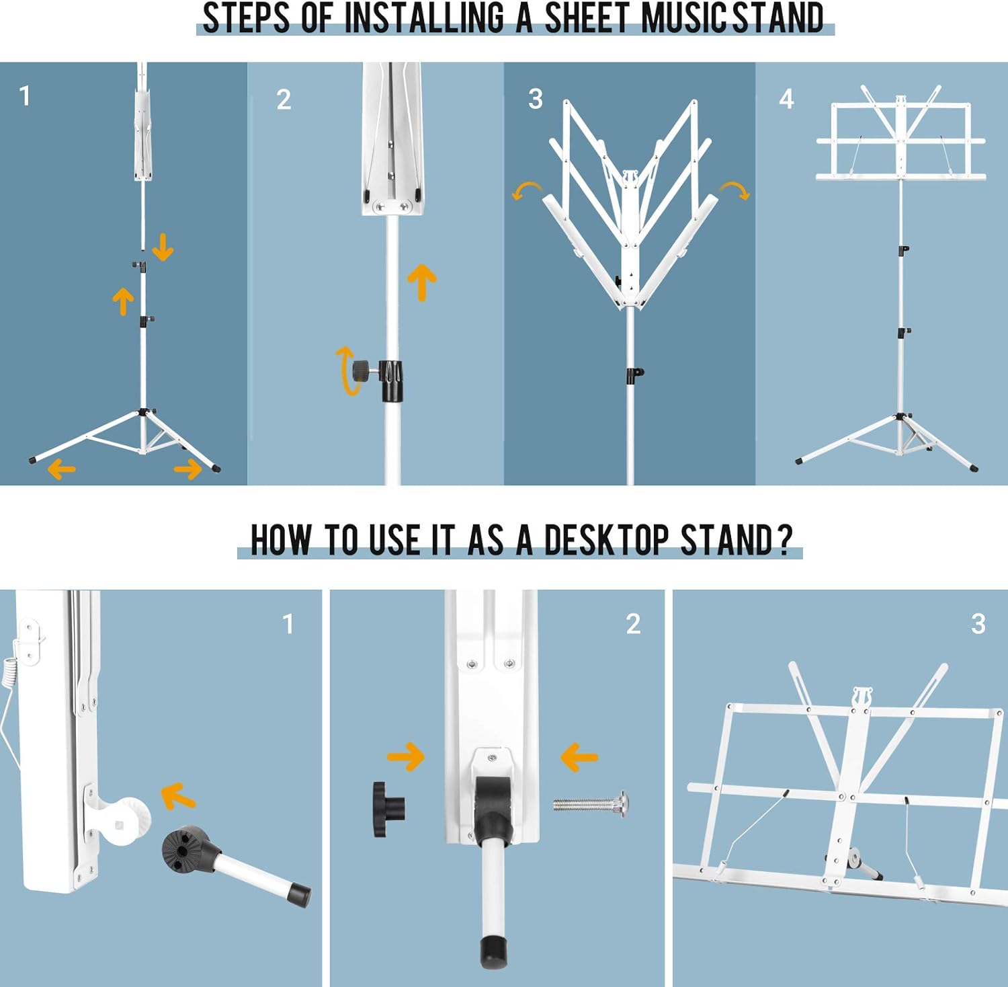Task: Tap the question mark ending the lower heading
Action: [784, 540]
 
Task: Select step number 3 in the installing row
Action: [536, 100]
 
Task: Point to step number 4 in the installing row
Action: [787, 100]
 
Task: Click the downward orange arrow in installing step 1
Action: [163, 247]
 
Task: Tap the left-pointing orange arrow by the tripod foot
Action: [62, 469]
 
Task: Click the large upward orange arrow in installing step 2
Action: [422, 282]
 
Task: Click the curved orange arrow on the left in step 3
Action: [527, 190]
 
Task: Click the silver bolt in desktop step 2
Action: [591, 804]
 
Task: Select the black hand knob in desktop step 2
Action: [389, 810]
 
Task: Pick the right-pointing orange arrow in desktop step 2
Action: [406, 757]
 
